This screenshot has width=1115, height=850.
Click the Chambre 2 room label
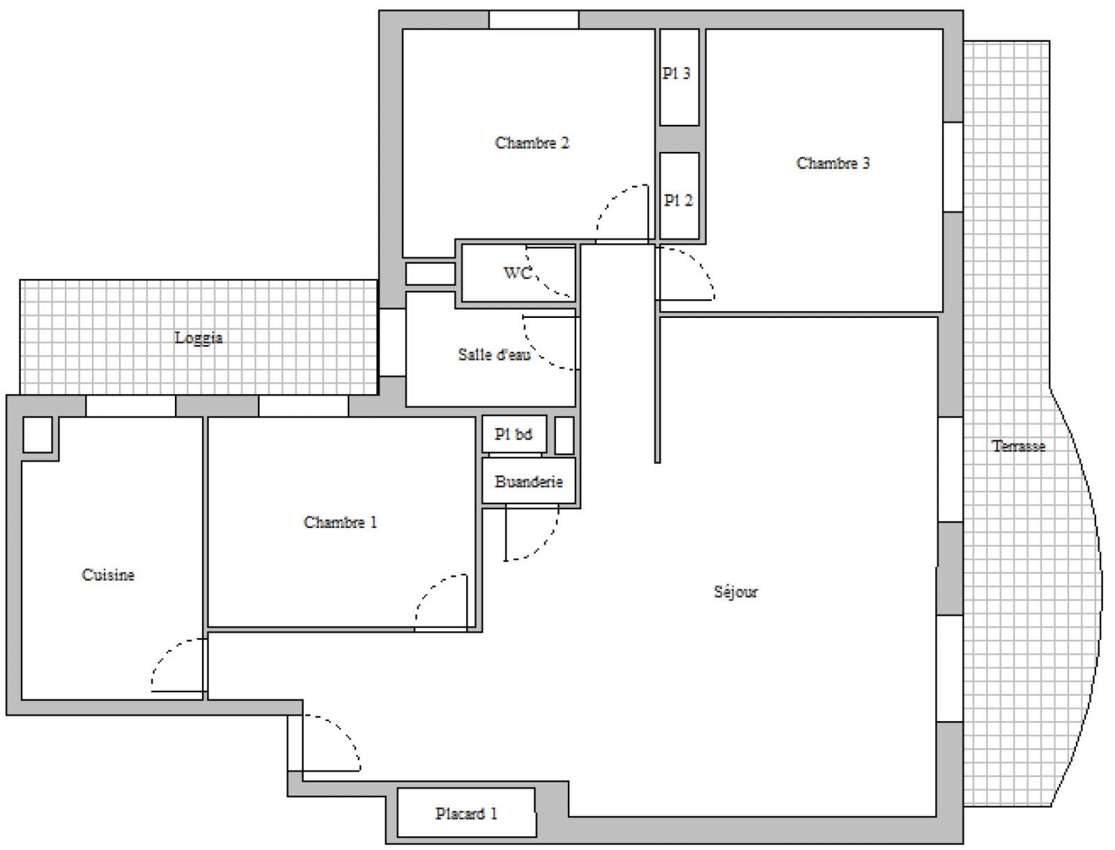[x=532, y=143]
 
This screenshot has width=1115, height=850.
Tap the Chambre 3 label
[x=833, y=163]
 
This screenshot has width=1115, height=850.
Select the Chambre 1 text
[x=340, y=522]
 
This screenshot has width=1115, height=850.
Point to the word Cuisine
[x=108, y=575]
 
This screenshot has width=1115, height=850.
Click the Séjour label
[x=735, y=592]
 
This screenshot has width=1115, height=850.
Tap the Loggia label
[x=198, y=338]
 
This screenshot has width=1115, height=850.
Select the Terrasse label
[x=1019, y=446]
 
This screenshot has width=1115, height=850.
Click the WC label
[x=518, y=273]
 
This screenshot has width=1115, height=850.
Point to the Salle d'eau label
[x=494, y=355]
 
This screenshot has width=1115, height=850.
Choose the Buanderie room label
[x=529, y=482]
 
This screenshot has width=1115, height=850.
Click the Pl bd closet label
[x=514, y=434]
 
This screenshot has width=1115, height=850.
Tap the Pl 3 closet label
[x=677, y=74]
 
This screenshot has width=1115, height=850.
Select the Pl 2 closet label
[x=678, y=201]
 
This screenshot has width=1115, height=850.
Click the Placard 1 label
[x=466, y=814]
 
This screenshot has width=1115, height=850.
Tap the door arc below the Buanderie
[x=544, y=546]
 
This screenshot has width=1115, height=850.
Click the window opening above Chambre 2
[x=534, y=20]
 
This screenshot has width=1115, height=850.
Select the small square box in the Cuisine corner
[x=38, y=434]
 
